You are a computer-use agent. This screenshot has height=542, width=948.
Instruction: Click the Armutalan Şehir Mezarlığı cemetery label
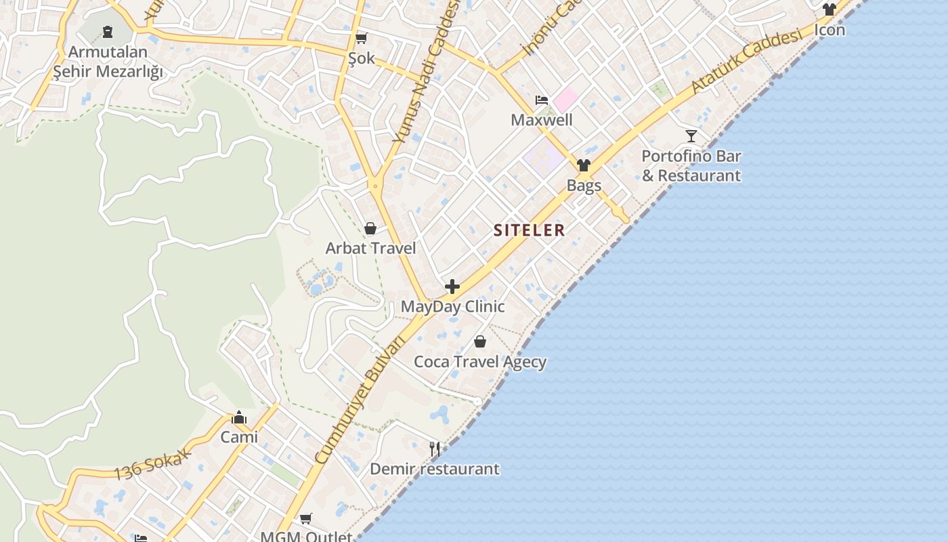[x=108, y=62]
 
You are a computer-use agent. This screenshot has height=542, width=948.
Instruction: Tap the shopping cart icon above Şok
[x=362, y=38]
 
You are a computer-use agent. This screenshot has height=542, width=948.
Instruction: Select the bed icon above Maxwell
[x=542, y=100]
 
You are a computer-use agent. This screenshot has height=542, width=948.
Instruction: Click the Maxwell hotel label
[x=542, y=121]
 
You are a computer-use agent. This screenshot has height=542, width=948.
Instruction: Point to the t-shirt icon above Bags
[x=584, y=165]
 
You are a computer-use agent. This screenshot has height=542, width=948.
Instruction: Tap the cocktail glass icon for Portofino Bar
[x=691, y=136]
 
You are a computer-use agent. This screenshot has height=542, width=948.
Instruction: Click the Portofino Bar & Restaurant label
[x=691, y=166]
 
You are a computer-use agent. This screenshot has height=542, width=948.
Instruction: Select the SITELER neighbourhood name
[x=529, y=230]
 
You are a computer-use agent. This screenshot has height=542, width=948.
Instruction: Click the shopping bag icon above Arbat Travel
[x=370, y=228]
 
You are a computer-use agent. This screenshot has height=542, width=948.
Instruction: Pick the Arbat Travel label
[x=370, y=248]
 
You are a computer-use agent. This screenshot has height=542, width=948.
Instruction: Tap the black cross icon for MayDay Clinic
[x=452, y=287]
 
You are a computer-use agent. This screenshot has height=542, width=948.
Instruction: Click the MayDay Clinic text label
[x=452, y=306]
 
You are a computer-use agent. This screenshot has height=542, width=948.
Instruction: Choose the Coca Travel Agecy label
[x=480, y=362]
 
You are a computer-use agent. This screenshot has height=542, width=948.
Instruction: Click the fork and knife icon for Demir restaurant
[x=435, y=449]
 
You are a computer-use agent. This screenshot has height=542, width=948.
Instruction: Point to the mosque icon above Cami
[x=239, y=417]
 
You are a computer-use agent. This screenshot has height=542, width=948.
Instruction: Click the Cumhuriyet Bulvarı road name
[x=360, y=400]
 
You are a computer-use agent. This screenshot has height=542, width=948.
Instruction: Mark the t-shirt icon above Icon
[x=829, y=9]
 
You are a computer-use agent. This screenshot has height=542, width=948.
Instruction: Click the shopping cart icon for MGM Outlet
[x=306, y=519]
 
